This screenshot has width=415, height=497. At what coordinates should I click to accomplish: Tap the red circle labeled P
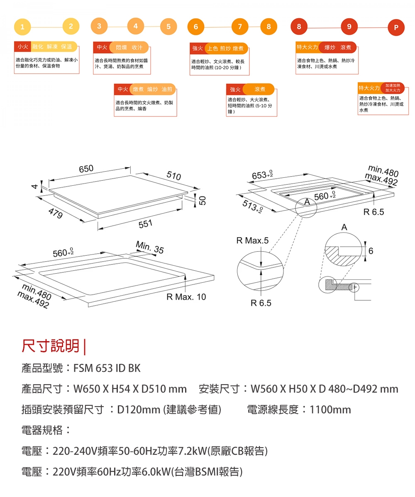coord(396,28)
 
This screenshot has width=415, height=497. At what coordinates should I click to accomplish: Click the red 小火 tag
coord(20,46)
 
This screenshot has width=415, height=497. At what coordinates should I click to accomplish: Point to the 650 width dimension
coord(86,169)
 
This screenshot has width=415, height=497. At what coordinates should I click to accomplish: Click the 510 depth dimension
coord(173,176)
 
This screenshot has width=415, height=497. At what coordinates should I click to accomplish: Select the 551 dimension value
coord(145,224)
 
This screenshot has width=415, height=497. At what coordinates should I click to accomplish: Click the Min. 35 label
coord(149,248)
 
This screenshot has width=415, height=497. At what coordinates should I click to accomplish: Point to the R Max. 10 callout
coord(186,297)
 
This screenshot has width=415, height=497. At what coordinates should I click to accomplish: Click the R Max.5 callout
coord(252,240)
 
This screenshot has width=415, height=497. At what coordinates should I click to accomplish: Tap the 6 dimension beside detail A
coord(371,251)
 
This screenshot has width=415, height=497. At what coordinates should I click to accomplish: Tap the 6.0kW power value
coord(156,471)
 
